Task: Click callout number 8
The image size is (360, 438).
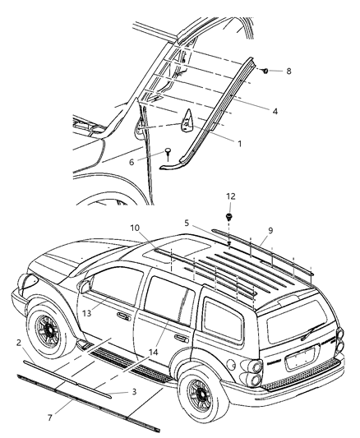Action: click(288, 71)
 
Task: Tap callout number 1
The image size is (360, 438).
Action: click(239, 142)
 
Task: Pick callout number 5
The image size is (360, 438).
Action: click(187, 223)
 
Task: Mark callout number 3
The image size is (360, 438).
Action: click(134, 392)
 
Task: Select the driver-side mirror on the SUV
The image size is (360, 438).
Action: click(85, 286)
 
